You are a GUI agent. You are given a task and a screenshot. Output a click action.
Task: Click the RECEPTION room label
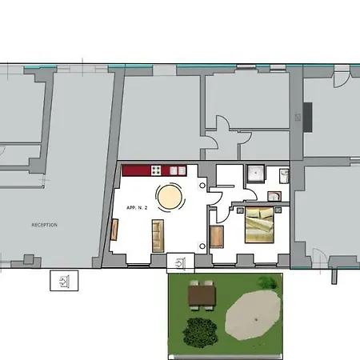tap(45, 225)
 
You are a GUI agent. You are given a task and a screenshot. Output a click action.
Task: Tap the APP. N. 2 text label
tap(137, 208)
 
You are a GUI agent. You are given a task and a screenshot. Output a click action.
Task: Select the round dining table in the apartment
tap(170, 198)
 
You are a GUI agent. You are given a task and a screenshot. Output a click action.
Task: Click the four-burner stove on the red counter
tap(156, 170)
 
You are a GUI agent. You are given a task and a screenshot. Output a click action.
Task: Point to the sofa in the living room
tap(158, 236)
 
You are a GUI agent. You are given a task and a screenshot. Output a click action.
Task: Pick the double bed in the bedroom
tap(259, 225)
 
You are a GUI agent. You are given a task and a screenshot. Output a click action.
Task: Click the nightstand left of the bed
tap(240, 210)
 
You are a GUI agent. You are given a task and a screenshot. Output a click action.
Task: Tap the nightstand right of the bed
tap(278, 210)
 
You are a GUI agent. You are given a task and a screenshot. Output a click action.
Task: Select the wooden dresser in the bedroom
tap(217, 237)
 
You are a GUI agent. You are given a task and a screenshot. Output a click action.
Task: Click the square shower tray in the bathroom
tap(256, 174)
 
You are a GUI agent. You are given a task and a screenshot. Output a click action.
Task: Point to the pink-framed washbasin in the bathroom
tap(274, 197)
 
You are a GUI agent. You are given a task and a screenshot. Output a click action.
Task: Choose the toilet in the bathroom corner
tap(284, 176)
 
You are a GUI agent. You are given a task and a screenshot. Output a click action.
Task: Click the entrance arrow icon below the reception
tap(64, 281)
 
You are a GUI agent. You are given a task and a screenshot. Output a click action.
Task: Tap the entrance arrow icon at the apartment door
tap(181, 263)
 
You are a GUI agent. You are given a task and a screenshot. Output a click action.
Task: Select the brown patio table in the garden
tap(202, 295)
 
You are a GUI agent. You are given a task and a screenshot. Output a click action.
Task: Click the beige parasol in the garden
tap(253, 315)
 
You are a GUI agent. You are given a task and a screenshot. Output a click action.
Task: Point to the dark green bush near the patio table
tap(200, 332)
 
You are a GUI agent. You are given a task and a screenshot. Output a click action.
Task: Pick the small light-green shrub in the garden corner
tap(267, 282)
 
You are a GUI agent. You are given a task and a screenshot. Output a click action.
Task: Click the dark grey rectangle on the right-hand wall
tap(307, 117)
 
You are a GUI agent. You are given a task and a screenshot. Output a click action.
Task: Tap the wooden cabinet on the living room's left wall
tap(114, 230)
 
